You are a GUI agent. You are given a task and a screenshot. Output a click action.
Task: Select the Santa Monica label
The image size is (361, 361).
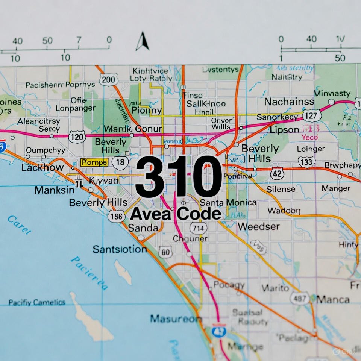click(228, 203)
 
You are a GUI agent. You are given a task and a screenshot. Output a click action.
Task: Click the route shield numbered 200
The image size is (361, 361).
click(109, 79)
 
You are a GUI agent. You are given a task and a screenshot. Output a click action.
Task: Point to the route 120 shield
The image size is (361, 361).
click(77, 137)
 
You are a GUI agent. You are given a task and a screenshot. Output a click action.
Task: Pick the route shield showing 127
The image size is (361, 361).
click(312, 115)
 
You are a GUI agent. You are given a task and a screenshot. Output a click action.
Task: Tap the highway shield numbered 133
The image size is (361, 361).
click(306, 162)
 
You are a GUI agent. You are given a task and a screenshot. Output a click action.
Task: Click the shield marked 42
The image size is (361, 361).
click(277, 173)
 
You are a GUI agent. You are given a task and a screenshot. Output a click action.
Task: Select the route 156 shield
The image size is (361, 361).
click(116, 216)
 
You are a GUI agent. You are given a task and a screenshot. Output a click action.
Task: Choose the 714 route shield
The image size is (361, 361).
click(197, 228)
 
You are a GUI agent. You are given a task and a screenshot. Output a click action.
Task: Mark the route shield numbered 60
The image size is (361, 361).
click(165, 252)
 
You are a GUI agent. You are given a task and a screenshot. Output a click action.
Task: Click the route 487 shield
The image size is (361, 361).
click(299, 298)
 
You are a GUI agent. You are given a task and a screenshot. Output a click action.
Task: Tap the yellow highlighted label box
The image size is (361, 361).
click(94, 162)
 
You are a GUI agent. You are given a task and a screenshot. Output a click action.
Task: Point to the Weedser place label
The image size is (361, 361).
click(258, 226)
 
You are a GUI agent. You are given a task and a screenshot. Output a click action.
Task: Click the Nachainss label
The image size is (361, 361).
click(289, 102)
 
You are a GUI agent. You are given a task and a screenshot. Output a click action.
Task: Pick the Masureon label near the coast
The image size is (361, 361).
click(176, 319)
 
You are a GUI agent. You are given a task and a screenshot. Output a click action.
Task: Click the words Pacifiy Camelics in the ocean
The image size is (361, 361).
click(37, 302)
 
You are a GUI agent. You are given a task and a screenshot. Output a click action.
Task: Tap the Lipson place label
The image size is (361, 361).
click(284, 130)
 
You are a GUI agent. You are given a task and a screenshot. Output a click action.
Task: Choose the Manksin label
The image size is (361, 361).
click(54, 190)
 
